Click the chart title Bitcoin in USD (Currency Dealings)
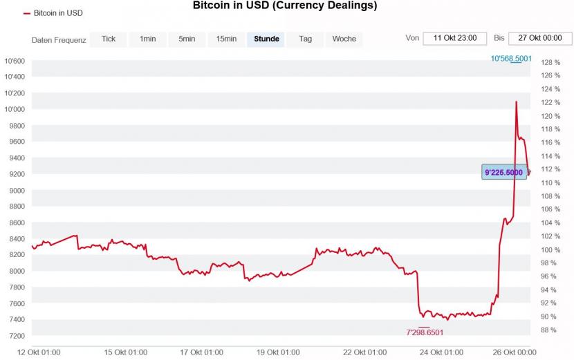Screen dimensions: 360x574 coord(284,6)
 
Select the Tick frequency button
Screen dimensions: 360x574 coord(109,39)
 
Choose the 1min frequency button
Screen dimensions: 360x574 coord(147,39)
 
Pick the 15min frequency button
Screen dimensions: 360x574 coord(226,39)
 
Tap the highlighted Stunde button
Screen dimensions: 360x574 coord(266,39)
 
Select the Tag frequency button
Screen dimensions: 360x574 coord(306,39)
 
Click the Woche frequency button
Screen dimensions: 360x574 coord(344,39)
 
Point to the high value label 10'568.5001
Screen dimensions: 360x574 coord(511,59)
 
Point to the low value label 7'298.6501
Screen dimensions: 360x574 coord(425,332)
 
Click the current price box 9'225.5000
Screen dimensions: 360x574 coord(504,172)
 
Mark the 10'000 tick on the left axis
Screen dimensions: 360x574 coord(15,109)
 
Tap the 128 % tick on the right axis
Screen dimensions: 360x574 coord(550,62)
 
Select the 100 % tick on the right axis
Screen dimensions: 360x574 coord(550,249)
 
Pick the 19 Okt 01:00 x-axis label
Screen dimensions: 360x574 coord(278,352)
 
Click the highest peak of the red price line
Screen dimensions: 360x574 coord(516,102)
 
